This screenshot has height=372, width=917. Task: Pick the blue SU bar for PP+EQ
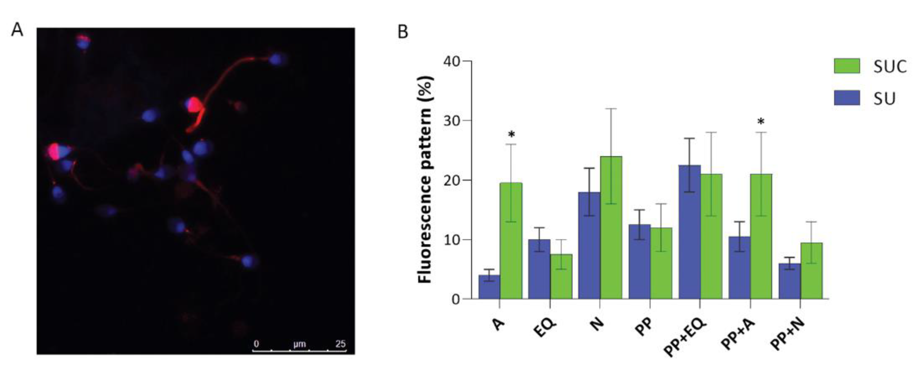(x=689, y=232)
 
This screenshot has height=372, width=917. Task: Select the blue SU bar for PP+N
(x=790, y=281)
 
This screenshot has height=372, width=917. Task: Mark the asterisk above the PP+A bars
(x=761, y=122)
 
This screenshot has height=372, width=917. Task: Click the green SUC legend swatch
(x=847, y=66)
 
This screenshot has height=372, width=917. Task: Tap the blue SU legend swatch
(x=847, y=98)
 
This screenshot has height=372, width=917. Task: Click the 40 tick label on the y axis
(x=451, y=61)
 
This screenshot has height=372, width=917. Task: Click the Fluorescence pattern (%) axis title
(x=425, y=180)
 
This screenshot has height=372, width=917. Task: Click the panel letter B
(x=403, y=32)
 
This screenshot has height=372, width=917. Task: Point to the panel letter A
(x=17, y=30)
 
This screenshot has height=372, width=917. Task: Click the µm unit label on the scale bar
(x=300, y=344)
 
